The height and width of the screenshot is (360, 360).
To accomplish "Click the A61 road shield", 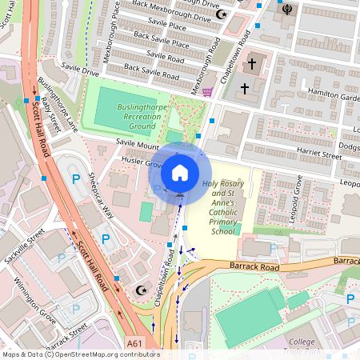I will coord(135,344).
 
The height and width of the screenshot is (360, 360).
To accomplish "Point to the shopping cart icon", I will coord(207,91).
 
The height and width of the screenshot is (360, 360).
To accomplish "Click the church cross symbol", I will coord(252,63).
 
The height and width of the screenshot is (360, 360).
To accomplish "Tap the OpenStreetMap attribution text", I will coord(80,354).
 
